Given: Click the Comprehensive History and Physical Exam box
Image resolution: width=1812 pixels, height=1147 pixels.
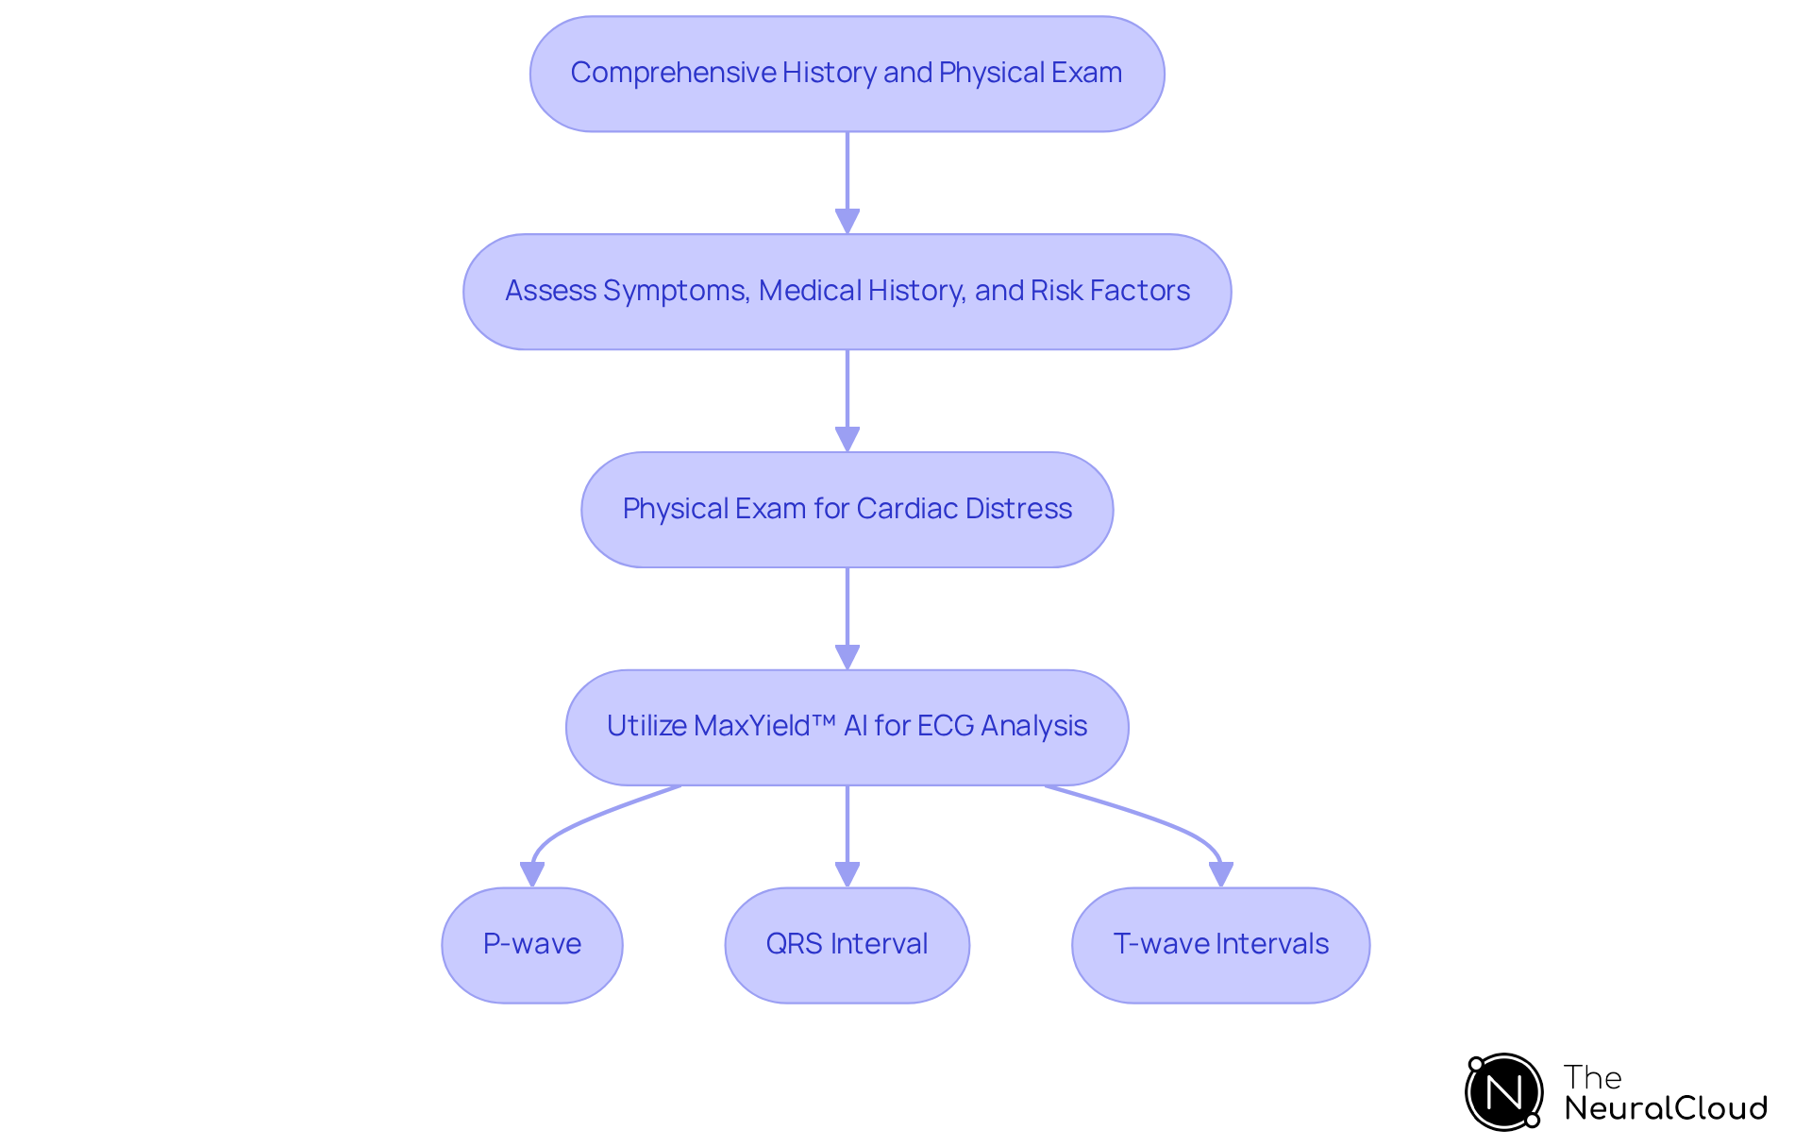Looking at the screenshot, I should click(x=847, y=74).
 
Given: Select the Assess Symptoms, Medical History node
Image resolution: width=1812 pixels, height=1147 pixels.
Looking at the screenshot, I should click(x=847, y=292).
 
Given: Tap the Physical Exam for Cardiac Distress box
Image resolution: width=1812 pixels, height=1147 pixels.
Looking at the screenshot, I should click(x=847, y=510).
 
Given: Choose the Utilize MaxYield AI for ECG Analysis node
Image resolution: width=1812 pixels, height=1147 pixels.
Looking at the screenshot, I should click(x=847, y=727).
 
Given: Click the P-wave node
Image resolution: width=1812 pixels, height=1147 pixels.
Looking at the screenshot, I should click(x=531, y=945).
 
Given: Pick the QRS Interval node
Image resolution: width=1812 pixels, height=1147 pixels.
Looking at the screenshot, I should click(x=847, y=945).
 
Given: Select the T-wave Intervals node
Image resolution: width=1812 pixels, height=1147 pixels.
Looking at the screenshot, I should click(x=1220, y=945).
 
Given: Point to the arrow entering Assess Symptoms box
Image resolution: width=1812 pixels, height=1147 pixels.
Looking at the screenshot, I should click(x=847, y=183).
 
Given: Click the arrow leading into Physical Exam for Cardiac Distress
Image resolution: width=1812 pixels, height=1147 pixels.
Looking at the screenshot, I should click(x=847, y=401).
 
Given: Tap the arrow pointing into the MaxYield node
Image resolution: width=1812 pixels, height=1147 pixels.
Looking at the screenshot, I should click(x=847, y=619).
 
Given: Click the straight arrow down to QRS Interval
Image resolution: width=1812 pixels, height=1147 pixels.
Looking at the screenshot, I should click(x=847, y=836).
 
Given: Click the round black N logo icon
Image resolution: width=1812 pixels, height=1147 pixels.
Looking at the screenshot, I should click(x=1503, y=1092).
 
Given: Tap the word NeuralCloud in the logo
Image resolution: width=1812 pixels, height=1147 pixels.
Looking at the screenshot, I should click(x=1665, y=1108).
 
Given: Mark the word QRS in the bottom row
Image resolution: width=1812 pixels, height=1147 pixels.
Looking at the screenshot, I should click(x=794, y=944).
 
